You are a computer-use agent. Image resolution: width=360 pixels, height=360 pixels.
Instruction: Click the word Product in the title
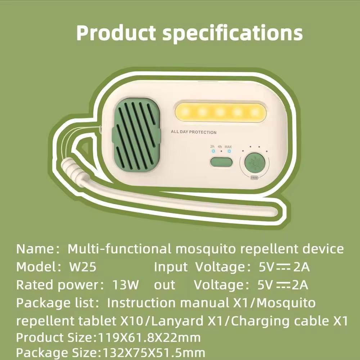click(116, 33)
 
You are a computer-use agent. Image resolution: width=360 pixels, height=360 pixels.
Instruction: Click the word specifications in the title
click(232, 33)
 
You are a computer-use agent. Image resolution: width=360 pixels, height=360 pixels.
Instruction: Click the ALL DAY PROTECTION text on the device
click(194, 132)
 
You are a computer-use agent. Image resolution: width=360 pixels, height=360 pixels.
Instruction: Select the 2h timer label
click(212, 147)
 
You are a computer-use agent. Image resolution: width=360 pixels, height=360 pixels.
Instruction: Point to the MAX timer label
click(228, 147)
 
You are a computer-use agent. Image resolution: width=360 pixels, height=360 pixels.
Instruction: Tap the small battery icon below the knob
click(255, 178)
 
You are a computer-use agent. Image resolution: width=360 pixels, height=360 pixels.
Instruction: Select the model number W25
click(83, 267)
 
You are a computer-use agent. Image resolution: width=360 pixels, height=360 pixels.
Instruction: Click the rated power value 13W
click(126, 285)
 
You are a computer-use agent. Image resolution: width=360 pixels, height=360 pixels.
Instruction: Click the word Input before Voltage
click(171, 267)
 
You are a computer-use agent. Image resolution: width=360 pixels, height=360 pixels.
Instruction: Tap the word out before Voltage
click(165, 285)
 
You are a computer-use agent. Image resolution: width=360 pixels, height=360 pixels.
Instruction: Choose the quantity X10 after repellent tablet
click(132, 321)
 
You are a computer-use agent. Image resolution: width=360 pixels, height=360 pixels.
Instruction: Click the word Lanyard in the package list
click(177, 321)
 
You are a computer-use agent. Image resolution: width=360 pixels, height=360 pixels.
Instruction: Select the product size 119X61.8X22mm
click(149, 338)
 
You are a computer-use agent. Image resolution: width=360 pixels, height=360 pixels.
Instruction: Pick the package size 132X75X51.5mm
click(154, 353)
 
